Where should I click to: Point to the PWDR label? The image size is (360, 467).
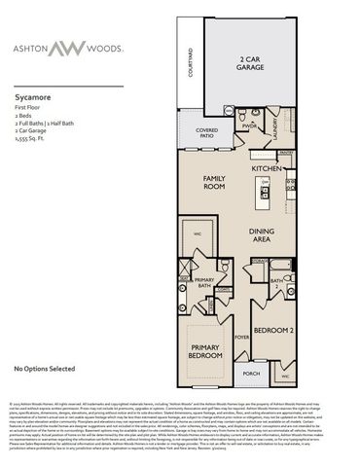pos(249,125)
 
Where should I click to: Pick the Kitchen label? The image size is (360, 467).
pos(267,168)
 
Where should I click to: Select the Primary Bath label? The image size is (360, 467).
pos(203,282)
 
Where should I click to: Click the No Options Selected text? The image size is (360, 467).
pos(45,370)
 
